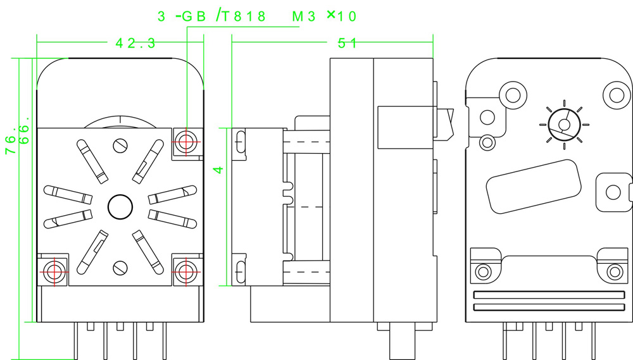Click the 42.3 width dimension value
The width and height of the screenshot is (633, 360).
(135, 43)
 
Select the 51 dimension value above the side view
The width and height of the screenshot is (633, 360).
(348, 43)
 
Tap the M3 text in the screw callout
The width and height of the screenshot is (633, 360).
(303, 16)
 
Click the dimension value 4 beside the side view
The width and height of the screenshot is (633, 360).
(218, 170)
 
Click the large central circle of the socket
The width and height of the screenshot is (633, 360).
(120, 206)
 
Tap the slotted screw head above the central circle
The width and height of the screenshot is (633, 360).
(120, 146)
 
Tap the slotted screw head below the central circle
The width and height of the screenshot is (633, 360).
(120, 267)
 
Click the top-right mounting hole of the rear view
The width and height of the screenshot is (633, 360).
(616, 95)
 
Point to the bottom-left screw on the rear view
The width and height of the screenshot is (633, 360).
(484, 272)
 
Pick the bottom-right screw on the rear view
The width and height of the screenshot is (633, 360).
(614, 272)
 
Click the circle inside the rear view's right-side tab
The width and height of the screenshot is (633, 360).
(612, 192)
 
